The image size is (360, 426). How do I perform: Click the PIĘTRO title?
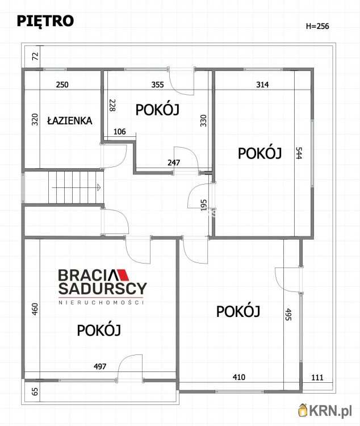tap(45, 21)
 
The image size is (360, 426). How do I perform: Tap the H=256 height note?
tap(317, 26)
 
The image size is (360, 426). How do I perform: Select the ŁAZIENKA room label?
tap(70, 120)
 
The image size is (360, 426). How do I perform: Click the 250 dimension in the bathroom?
tap(62, 85)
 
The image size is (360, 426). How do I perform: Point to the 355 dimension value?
tap(158, 85)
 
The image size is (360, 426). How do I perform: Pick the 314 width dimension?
tap(262, 85)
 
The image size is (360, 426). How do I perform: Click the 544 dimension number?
tap(299, 153)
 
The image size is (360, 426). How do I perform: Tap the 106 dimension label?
tap(120, 132)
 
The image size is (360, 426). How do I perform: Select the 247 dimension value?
tap(174, 163)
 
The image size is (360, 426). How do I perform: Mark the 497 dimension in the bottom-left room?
tap(100, 367)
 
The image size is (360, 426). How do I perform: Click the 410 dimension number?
tap(239, 377)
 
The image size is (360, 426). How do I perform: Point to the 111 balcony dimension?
tap(317, 378)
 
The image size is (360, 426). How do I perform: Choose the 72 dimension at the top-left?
tap(36, 56)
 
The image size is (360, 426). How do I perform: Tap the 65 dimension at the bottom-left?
tap(35, 391)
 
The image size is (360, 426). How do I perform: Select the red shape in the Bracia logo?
tap(123, 275)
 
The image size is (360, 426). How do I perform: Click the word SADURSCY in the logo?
tap(102, 289)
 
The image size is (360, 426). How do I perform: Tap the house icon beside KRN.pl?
tap(303, 410)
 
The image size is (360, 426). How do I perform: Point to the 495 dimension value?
tap(288, 314)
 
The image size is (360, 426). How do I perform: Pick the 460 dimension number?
tap(35, 310)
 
